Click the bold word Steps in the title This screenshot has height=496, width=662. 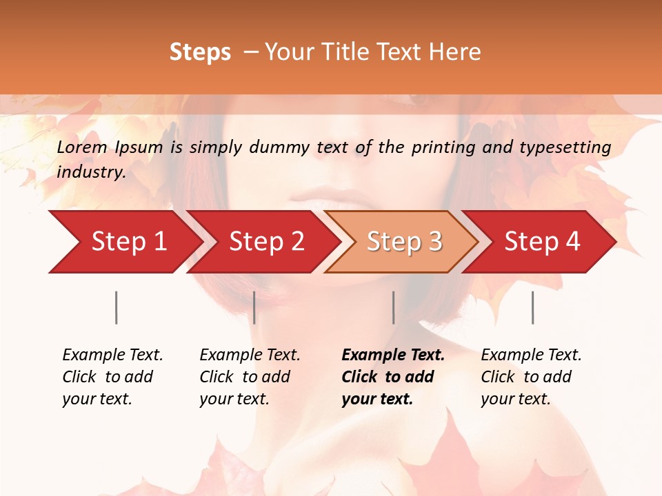point(200,52)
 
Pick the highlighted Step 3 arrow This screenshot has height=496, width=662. point(404,242)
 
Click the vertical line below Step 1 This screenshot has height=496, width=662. point(117,307)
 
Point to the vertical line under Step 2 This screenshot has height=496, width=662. point(254,307)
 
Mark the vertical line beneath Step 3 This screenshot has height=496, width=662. point(393,307)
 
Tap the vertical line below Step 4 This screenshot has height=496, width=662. point(532,307)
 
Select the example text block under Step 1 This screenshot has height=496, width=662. point(112,376)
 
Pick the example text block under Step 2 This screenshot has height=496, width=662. point(250,376)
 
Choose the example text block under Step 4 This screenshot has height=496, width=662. point(531,376)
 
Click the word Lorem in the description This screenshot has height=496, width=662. point(82,147)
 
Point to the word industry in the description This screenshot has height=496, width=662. point(91,172)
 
